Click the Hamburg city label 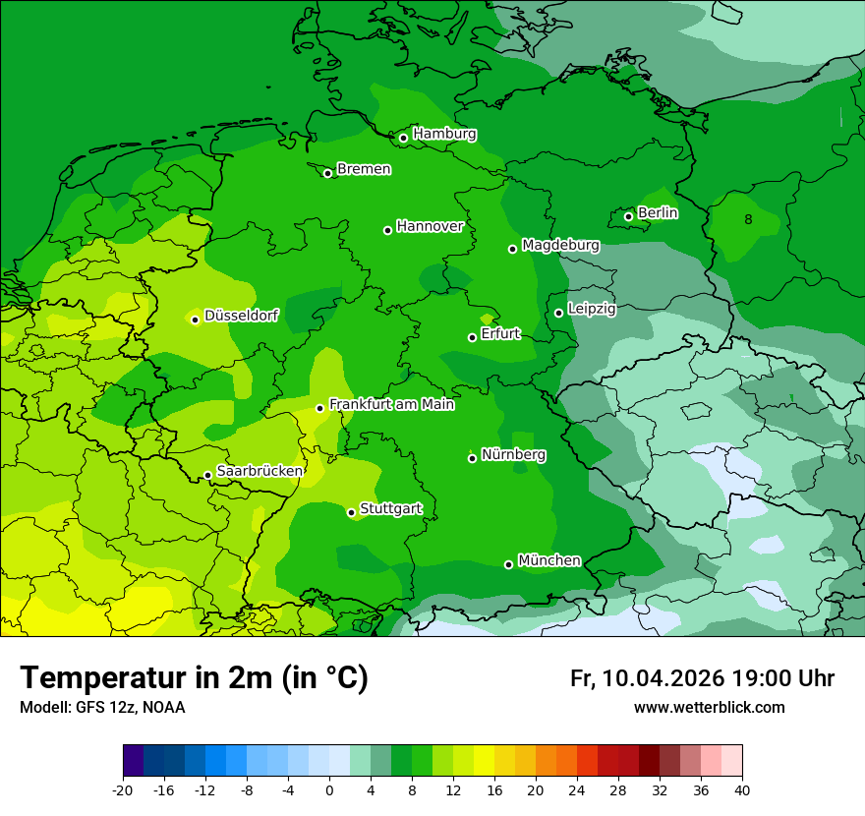tap(444, 134)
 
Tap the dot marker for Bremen tap(328, 173)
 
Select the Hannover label tap(430, 226)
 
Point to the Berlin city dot tap(629, 216)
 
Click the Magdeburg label tap(560, 245)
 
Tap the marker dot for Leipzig tap(558, 313)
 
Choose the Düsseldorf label tap(241, 316)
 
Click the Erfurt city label tap(500, 334)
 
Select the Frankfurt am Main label tap(391, 404)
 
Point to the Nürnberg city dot tap(473, 458)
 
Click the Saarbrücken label tap(259, 471)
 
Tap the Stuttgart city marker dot tap(351, 512)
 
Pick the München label tap(548, 560)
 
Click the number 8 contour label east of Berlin tap(749, 219)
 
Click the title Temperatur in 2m tap(194, 677)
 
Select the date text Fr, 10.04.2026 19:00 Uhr tap(702, 678)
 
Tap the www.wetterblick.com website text tap(709, 707)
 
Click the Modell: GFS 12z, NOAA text tap(102, 707)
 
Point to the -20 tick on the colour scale tap(123, 789)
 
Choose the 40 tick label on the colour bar tap(742, 789)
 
